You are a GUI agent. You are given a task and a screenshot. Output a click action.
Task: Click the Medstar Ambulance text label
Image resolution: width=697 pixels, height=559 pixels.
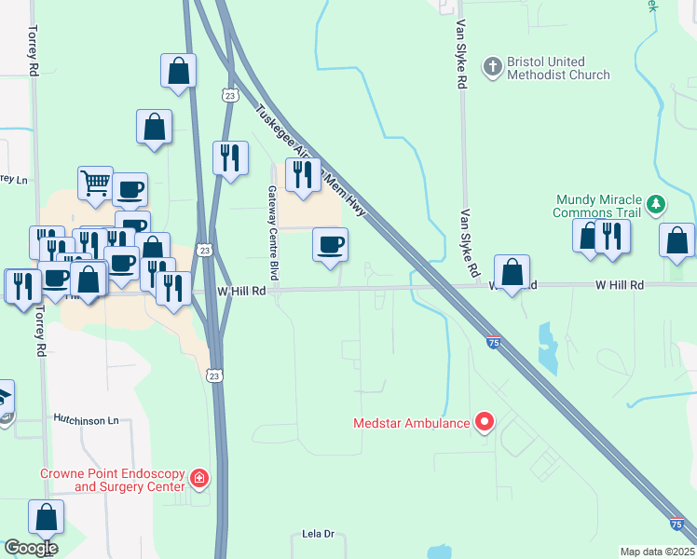pyautogui.click(x=411, y=423)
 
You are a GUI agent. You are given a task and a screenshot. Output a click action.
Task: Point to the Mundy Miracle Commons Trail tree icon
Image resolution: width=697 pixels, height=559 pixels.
pyautogui.click(x=656, y=202)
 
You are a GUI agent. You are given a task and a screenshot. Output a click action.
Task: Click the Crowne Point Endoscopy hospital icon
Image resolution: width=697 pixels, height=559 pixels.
pyautogui.click(x=198, y=479)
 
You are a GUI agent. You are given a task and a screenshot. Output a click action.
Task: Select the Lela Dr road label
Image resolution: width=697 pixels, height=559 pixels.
pyautogui.click(x=318, y=534)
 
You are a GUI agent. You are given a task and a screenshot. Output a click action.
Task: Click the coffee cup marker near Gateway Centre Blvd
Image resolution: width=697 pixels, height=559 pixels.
pyautogui.click(x=330, y=245)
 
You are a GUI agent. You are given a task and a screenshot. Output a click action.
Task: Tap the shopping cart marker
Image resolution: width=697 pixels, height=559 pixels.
pyautogui.click(x=95, y=184)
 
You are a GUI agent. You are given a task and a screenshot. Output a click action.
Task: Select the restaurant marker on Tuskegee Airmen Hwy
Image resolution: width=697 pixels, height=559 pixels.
pyautogui.click(x=303, y=174)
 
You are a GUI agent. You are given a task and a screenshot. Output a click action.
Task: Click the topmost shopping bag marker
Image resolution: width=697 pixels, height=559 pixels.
pyautogui.click(x=178, y=71)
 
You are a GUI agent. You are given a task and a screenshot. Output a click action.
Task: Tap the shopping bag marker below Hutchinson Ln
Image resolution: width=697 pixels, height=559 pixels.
pyautogui.click(x=47, y=517)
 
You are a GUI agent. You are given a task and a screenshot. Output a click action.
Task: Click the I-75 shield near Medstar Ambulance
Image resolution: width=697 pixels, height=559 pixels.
pyautogui.click(x=492, y=343)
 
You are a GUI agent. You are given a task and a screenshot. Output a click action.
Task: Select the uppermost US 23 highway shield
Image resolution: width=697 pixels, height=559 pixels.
pyautogui.click(x=230, y=95)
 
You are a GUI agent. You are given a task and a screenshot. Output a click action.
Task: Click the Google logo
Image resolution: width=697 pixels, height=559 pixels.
pyautogui.click(x=30, y=548)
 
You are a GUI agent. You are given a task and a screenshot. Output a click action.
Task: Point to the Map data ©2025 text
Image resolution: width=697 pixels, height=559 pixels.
pyautogui.click(x=657, y=552)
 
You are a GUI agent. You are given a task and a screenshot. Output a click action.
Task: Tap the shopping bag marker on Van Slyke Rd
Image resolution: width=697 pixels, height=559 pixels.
pyautogui.click(x=512, y=273)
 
